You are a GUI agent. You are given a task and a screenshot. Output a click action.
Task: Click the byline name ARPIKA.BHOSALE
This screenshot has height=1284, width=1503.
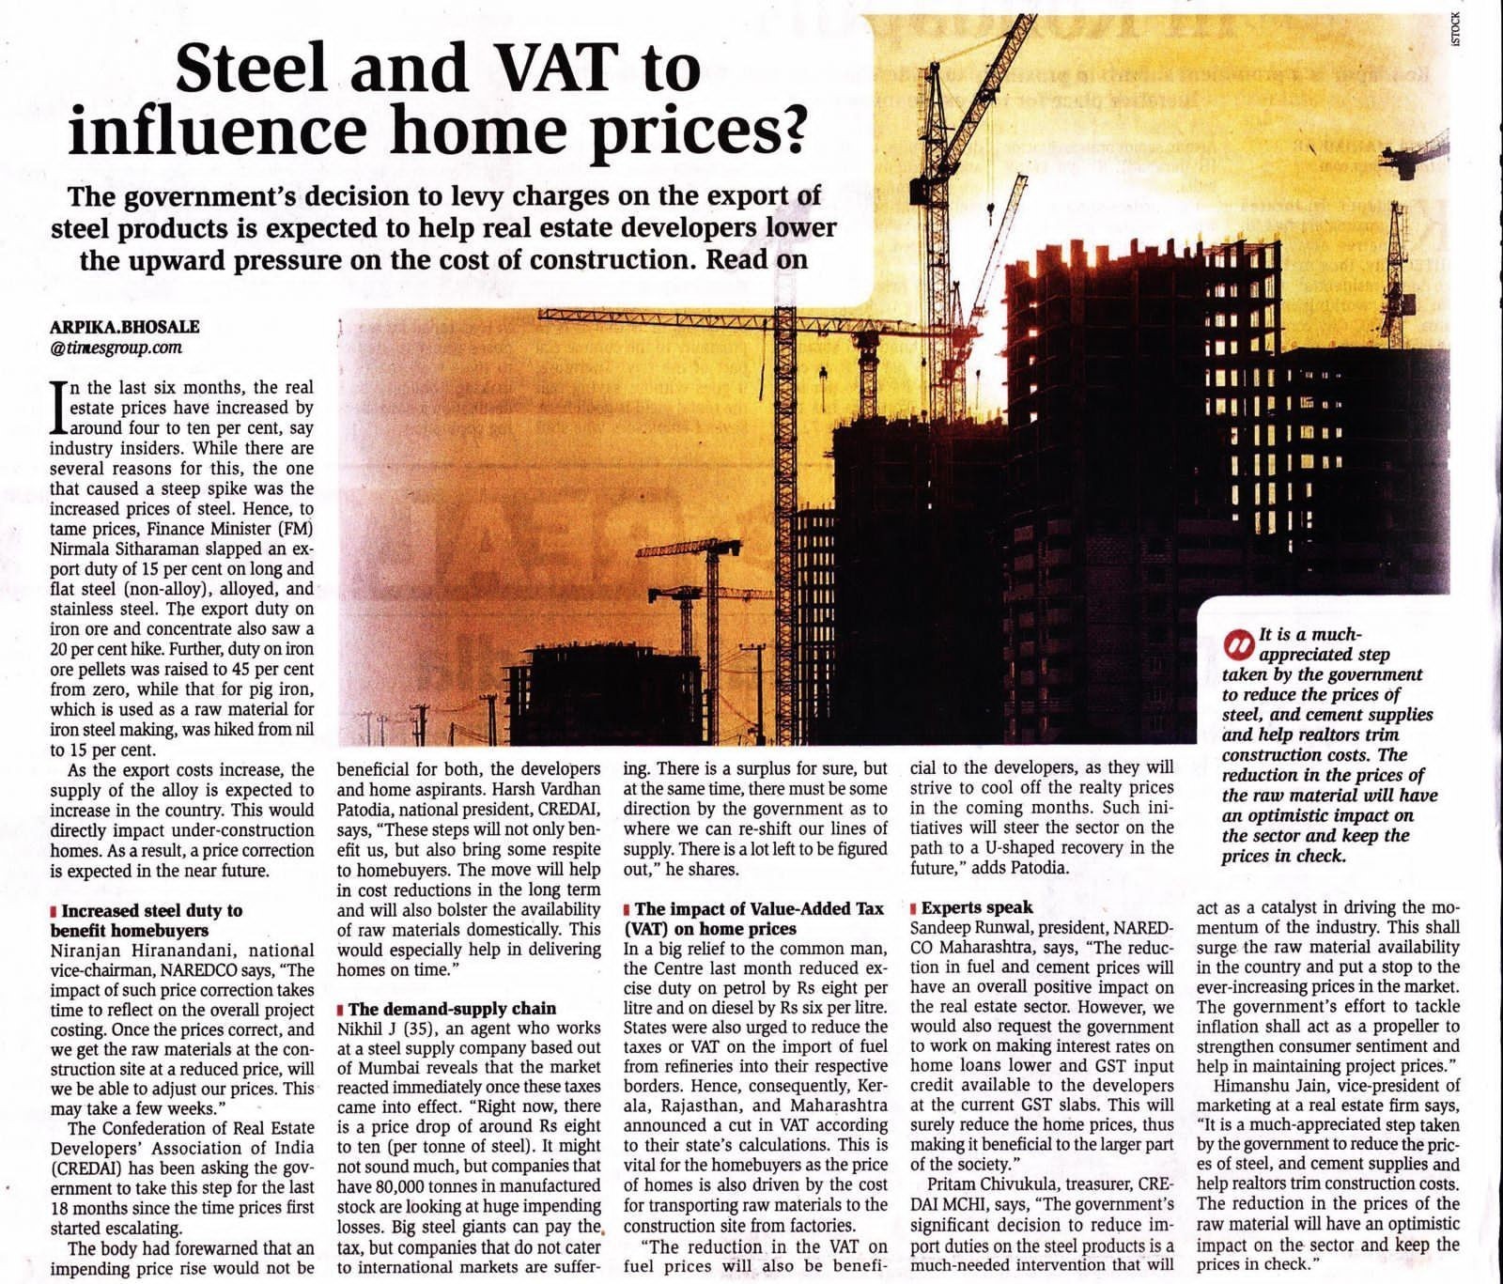pos(124,327)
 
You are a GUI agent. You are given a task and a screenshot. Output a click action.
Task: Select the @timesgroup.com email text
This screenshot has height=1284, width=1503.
pos(116,348)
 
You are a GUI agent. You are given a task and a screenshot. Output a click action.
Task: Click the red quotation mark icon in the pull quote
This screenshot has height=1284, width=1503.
pos(1239,645)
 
